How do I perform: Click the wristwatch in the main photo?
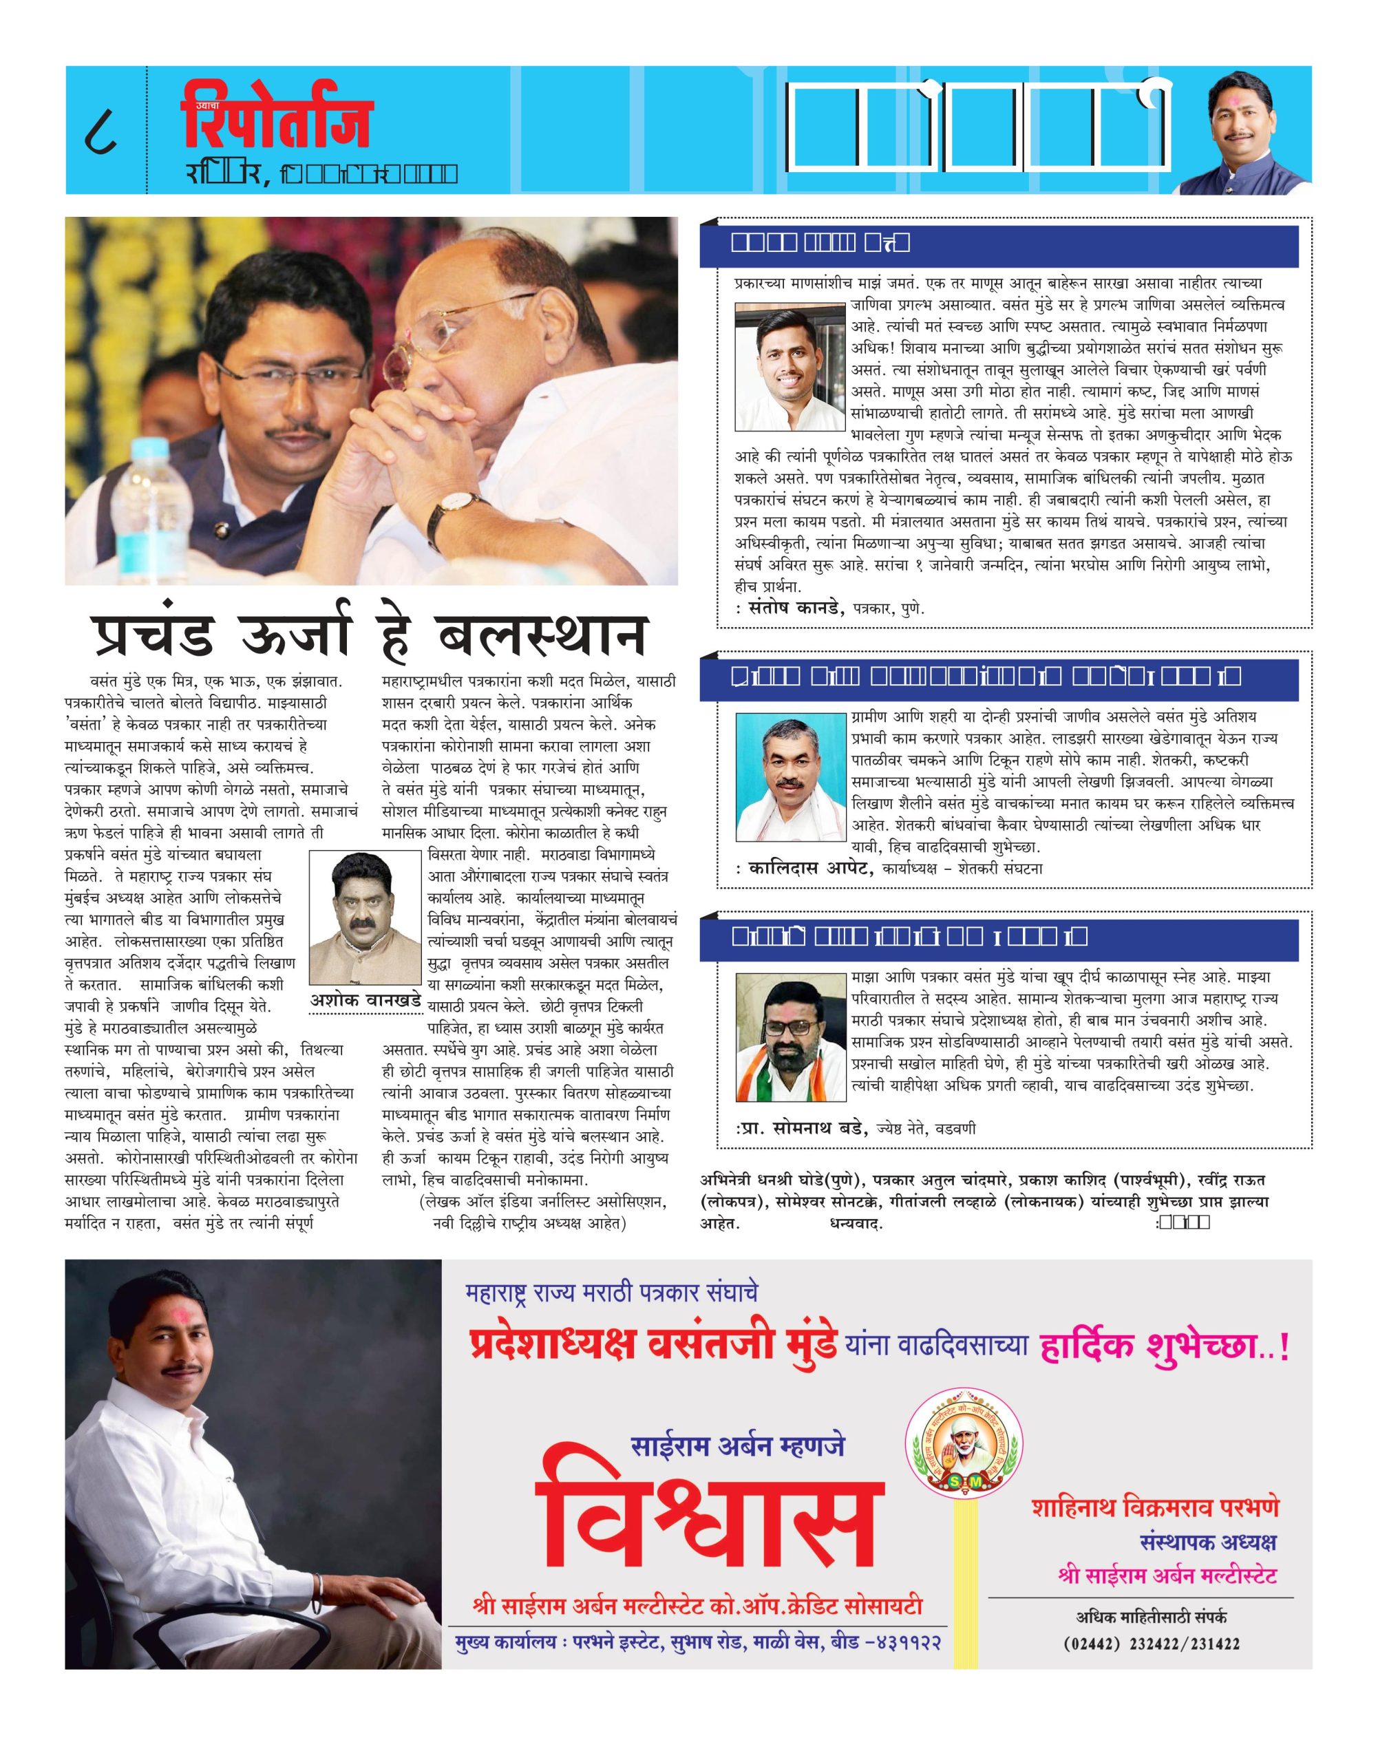(446, 507)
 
